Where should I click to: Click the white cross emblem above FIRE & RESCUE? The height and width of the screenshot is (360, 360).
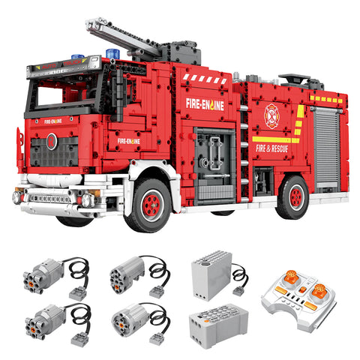tap(271, 115)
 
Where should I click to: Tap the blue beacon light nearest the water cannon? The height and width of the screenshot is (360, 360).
tap(112, 55)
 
